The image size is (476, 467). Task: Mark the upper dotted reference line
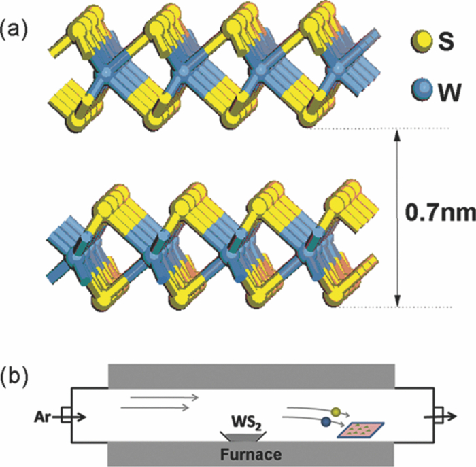pos(381,129)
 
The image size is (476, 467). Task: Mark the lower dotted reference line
pos(381,307)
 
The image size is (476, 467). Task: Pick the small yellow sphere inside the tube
pos(335,411)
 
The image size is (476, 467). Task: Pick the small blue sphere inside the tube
pos(327,423)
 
